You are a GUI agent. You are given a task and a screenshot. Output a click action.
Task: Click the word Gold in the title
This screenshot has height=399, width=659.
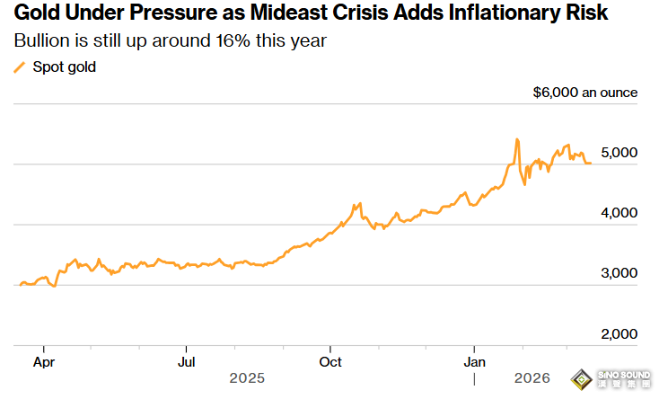pyautogui.click(x=38, y=13)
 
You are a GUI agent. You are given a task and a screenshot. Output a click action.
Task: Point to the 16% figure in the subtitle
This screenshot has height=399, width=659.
pyautogui.click(x=233, y=40)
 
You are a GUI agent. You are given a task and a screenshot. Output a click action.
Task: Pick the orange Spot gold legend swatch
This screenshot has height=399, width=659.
pyautogui.click(x=20, y=67)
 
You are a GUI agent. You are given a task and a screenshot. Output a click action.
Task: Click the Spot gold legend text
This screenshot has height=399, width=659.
pyautogui.click(x=65, y=67)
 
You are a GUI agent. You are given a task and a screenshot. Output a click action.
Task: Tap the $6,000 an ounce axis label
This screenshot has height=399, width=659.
pyautogui.click(x=585, y=93)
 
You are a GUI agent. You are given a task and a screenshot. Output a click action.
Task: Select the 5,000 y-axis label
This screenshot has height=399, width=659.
pyautogui.click(x=619, y=153)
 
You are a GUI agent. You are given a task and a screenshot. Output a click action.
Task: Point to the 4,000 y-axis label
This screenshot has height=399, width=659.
pyautogui.click(x=619, y=213)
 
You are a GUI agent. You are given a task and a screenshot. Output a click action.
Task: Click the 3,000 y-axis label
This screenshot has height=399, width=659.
pyautogui.click(x=619, y=273)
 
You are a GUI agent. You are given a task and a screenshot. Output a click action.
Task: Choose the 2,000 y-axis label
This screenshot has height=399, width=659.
pyautogui.click(x=619, y=334)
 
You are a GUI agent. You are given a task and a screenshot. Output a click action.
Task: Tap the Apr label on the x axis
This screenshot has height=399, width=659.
pyautogui.click(x=44, y=362)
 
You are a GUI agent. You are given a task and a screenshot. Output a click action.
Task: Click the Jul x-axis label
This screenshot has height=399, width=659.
pyautogui.click(x=186, y=362)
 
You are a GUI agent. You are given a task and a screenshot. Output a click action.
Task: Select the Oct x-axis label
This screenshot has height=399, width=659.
pyautogui.click(x=330, y=362)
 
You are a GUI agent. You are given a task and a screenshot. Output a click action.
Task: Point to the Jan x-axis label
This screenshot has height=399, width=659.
pyautogui.click(x=474, y=362)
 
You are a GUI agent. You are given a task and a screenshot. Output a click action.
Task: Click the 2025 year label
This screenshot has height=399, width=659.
pyautogui.click(x=247, y=378)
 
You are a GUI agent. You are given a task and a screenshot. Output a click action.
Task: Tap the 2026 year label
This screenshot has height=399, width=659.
pyautogui.click(x=532, y=378)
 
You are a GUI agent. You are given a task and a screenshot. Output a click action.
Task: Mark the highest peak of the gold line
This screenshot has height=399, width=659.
pyautogui.click(x=517, y=139)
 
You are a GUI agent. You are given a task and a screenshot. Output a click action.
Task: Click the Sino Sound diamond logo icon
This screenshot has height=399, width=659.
pyautogui.click(x=581, y=379)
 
